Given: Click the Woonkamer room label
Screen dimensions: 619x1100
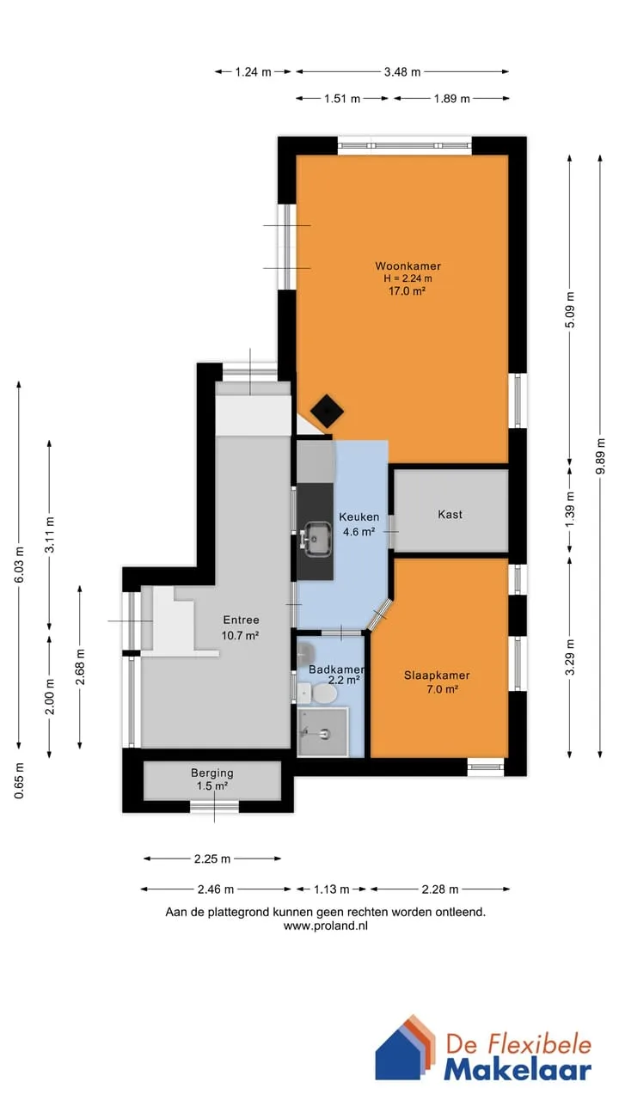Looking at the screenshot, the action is (x=408, y=266).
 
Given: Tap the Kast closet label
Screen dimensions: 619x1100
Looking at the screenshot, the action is (x=450, y=514).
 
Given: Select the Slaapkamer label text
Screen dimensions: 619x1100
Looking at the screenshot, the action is (x=437, y=675).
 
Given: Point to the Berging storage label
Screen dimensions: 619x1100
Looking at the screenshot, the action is (x=212, y=773).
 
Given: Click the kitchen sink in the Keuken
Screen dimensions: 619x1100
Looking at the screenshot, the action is (x=316, y=539).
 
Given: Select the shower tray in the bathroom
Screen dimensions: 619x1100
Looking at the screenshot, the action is (x=322, y=732).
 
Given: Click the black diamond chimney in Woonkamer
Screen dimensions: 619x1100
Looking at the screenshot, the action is (x=327, y=411).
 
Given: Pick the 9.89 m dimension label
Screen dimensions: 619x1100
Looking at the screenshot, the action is (x=600, y=455).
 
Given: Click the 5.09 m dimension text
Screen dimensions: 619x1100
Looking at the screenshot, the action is (x=569, y=310).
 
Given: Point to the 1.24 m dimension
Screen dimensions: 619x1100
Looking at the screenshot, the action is (x=253, y=72).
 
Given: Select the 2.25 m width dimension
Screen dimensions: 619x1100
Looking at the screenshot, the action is (x=212, y=859).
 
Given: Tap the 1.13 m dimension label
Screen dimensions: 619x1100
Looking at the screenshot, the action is (x=332, y=889).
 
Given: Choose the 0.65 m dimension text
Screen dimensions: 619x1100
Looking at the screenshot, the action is (x=19, y=781).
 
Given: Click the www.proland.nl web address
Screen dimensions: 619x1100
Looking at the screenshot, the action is (x=326, y=926).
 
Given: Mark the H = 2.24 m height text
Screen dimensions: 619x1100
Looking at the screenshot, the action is (x=408, y=278).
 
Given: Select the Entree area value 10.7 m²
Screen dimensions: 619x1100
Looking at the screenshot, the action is (x=240, y=635).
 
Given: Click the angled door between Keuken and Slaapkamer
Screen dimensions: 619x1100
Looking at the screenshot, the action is (x=380, y=614).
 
